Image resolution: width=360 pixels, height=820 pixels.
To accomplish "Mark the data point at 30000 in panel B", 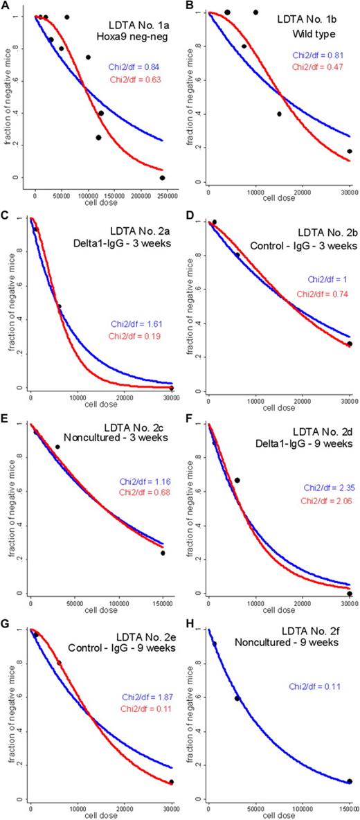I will [x=349, y=151].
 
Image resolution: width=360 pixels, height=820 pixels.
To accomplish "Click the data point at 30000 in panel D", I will [x=349, y=344].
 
